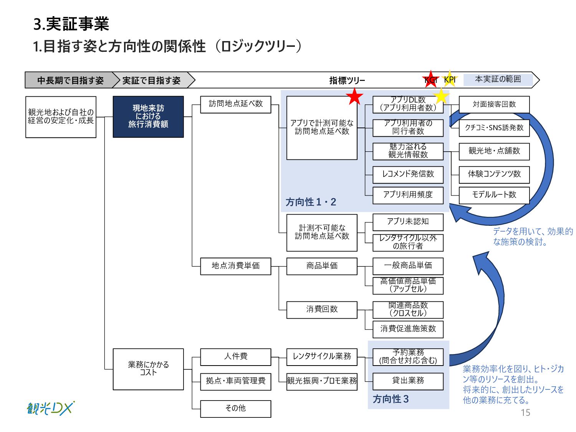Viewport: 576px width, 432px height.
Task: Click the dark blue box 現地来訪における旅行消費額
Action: (148, 116)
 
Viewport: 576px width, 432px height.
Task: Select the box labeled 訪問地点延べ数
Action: (235, 104)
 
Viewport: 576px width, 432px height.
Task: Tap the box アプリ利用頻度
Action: (408, 195)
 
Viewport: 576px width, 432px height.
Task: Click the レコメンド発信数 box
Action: (408, 174)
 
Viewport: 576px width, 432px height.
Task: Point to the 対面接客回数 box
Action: (494, 104)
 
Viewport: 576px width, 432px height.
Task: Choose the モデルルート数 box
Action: (494, 195)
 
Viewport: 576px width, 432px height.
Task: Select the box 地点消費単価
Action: (235, 266)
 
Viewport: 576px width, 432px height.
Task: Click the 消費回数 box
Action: (322, 310)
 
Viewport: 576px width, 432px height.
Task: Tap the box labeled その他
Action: (235, 409)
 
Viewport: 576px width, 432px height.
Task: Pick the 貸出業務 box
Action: (408, 381)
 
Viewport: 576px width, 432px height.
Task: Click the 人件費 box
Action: (235, 357)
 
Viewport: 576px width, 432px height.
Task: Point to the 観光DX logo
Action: (50, 408)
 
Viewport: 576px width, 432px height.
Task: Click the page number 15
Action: (525, 413)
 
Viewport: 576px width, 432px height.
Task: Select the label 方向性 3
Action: (391, 399)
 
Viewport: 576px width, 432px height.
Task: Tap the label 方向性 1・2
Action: (311, 202)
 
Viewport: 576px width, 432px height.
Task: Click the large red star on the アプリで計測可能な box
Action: (354, 97)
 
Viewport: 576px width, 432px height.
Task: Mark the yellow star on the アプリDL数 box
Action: (441, 96)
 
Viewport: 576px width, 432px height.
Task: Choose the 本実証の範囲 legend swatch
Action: (498, 79)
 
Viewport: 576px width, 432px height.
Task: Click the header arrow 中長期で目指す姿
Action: (71, 80)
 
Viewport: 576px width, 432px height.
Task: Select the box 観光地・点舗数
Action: (494, 151)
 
